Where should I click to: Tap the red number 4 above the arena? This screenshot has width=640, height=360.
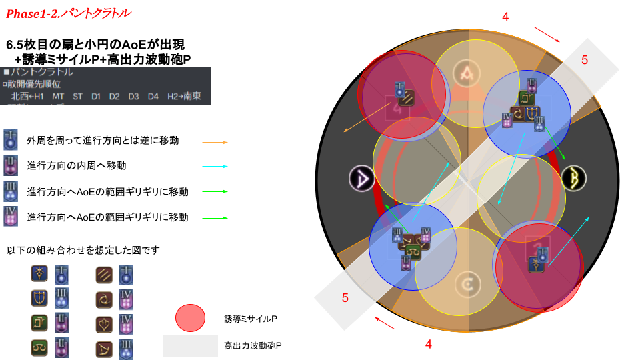505,17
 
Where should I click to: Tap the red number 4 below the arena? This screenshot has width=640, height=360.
429,345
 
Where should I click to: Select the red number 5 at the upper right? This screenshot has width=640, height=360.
585,60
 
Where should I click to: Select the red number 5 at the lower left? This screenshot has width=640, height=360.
345,298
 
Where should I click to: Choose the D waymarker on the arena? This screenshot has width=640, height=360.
362,179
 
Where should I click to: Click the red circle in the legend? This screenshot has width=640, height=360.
190,318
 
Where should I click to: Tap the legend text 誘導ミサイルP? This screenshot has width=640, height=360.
250,319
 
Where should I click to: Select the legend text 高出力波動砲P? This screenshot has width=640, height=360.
253,346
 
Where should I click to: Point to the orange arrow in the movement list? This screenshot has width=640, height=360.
215,142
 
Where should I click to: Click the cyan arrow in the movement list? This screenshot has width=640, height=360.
215,166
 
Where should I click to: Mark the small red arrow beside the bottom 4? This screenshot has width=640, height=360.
385,323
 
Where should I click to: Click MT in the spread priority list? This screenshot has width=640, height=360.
59,97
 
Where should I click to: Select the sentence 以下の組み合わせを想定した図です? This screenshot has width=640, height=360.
83,250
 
